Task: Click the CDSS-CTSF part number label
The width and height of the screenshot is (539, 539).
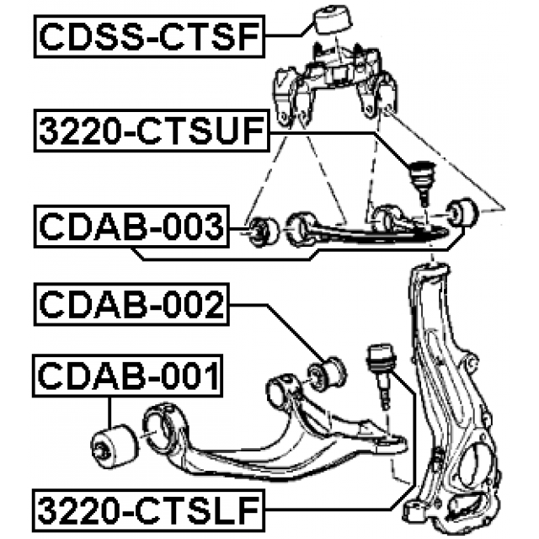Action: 149,36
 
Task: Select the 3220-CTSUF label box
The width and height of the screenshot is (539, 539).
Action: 152,131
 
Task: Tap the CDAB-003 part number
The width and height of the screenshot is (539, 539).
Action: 131,227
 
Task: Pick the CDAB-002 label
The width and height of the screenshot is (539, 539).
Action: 131,304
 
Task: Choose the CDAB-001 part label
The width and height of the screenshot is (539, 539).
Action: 127,376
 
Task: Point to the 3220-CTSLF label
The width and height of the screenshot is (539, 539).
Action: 148,510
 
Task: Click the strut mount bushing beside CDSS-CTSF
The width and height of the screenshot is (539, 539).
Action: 333,19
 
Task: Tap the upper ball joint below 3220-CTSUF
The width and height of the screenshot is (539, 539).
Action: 422,181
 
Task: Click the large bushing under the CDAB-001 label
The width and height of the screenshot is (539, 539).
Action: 115,446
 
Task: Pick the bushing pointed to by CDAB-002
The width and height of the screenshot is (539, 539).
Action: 327,374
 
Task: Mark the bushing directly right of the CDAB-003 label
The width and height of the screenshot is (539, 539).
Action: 264,232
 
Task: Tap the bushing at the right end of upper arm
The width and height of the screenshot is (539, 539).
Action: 462,212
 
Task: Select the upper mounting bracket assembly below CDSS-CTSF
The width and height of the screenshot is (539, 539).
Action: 336,84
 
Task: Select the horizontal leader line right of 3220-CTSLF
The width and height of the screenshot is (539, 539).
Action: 327,510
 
